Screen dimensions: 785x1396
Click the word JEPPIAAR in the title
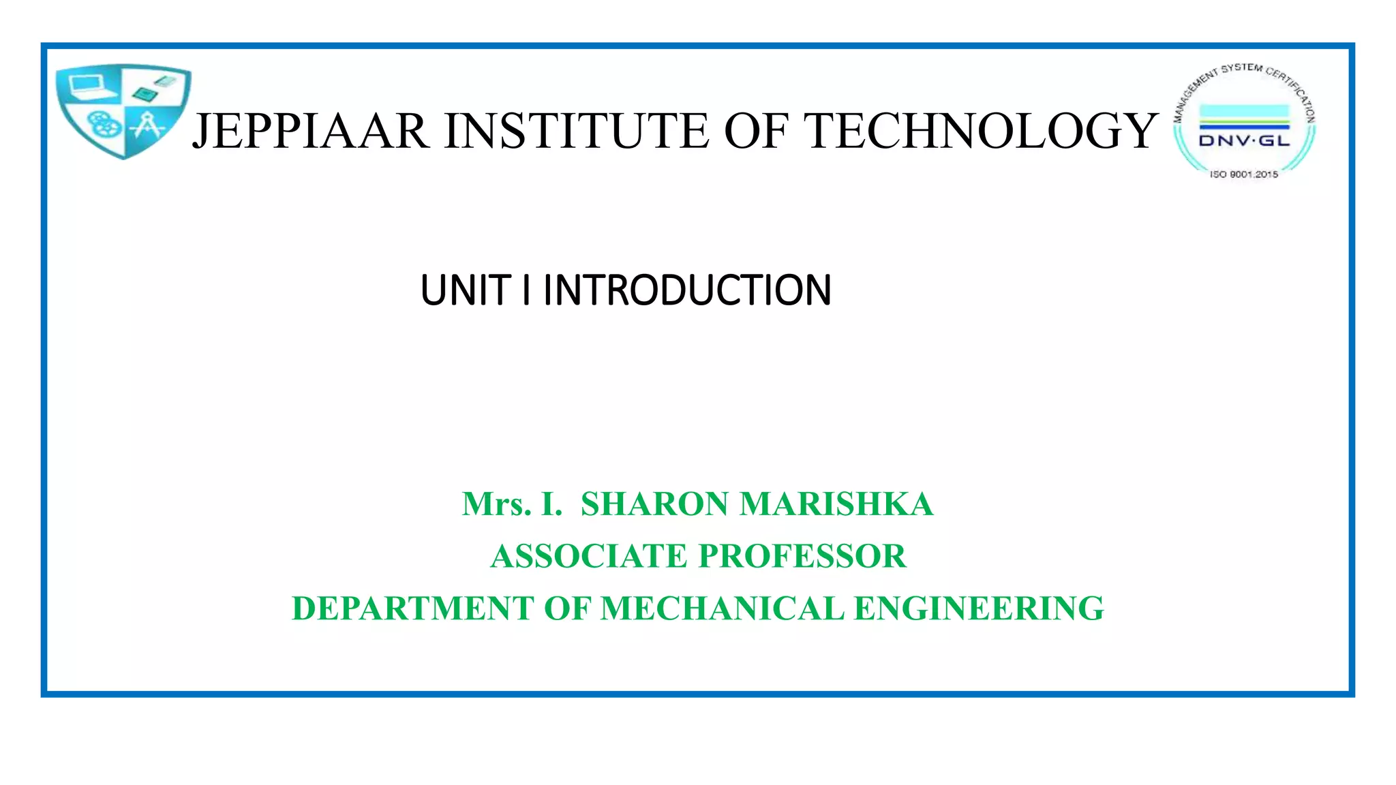311,131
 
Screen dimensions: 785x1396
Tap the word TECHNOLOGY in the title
982,131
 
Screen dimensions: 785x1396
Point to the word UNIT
466,290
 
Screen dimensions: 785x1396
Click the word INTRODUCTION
687,290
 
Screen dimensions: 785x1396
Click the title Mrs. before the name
496,504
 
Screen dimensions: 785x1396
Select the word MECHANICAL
722,609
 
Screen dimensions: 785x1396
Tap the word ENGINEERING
979,609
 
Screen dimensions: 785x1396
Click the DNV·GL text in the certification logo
1244,141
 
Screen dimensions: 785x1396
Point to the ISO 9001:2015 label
1244,174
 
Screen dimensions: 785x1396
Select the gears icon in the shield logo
104,125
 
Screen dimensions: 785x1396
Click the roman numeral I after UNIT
526,290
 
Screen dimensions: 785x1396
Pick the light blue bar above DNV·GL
1244,112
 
